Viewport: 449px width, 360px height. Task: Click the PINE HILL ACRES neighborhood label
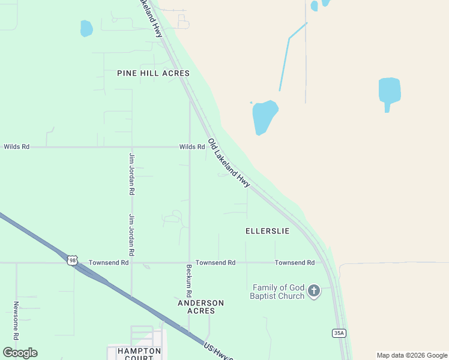(x=153, y=73)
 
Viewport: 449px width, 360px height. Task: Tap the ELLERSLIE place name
(x=267, y=231)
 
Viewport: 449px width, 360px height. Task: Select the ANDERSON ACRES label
(x=200, y=307)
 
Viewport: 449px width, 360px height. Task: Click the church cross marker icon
(x=313, y=292)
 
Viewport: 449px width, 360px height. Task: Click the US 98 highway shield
(x=72, y=260)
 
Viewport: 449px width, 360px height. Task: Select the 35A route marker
(x=339, y=333)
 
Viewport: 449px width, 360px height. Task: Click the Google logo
(x=20, y=353)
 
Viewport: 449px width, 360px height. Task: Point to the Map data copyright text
(x=412, y=355)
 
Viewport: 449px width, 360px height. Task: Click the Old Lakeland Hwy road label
(x=229, y=163)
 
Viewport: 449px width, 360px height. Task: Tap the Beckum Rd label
(x=188, y=282)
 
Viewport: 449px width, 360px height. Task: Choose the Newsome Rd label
(x=16, y=320)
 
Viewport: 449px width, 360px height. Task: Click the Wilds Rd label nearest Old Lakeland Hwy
(x=192, y=147)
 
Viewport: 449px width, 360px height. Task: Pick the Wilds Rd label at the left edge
(x=16, y=146)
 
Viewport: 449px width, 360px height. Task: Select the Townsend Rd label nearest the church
(x=295, y=263)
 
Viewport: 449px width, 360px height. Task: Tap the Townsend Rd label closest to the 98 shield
(x=109, y=263)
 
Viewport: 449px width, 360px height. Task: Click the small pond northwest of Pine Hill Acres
(x=86, y=28)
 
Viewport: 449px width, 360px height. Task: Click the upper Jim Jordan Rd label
(x=131, y=174)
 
